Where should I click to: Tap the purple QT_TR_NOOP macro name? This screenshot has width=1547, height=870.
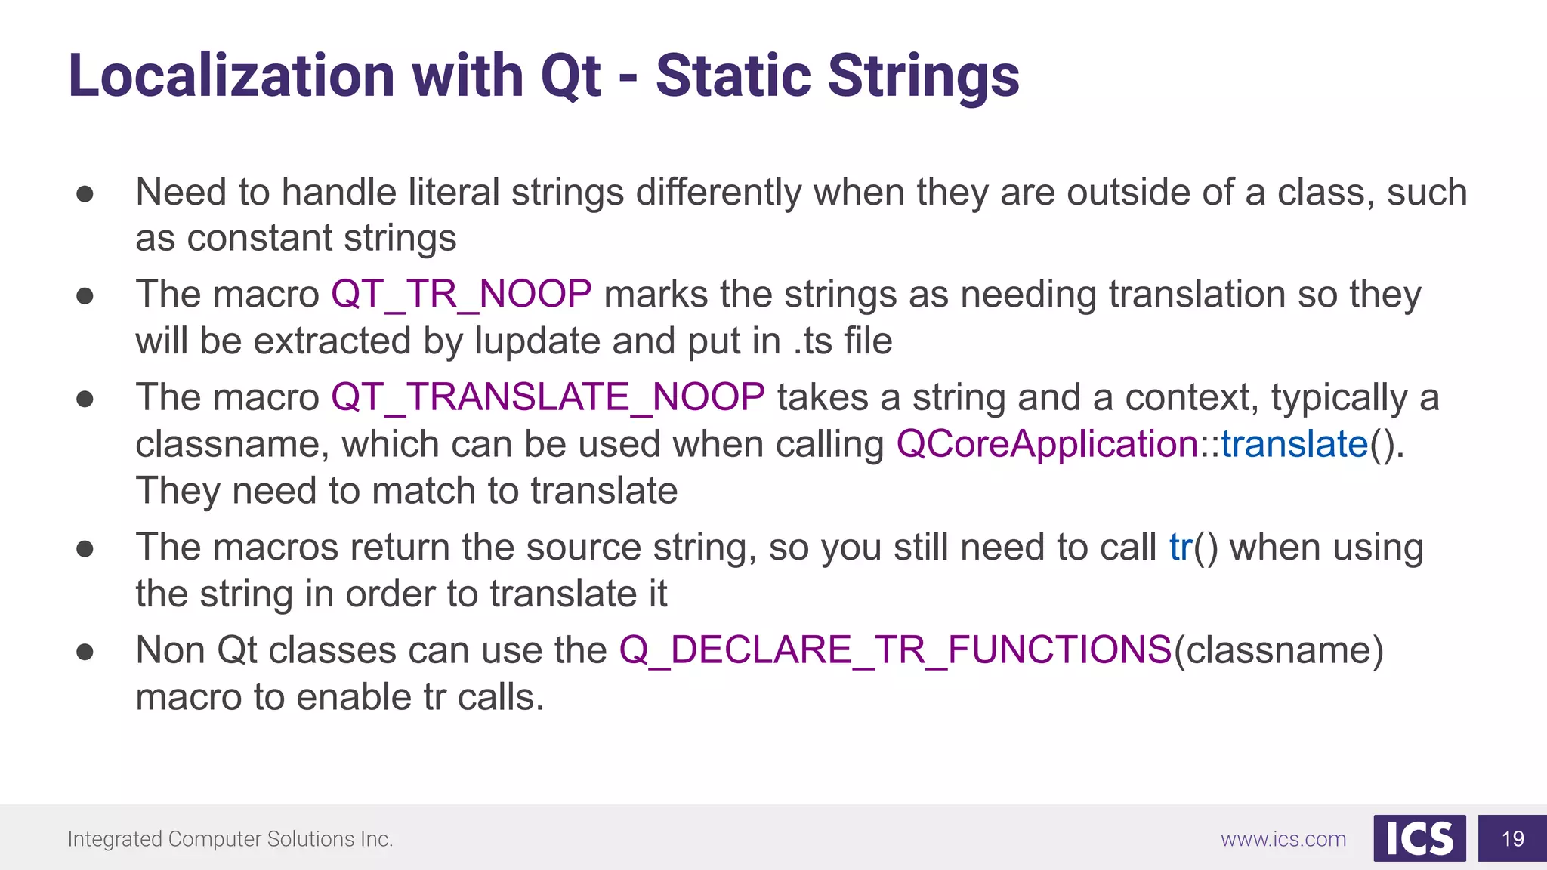[461, 294]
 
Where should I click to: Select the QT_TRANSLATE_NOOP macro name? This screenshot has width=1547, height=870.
[548, 397]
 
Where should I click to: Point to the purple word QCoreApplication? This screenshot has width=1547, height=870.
[1047, 444]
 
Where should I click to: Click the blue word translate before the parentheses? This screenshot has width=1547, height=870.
[1294, 444]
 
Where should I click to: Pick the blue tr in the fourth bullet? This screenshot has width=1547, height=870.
[1181, 547]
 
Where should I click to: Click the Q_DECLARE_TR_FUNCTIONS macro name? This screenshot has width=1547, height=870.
[895, 650]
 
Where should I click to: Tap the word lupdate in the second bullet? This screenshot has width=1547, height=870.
[537, 341]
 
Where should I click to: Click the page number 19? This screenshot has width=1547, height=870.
[1512, 839]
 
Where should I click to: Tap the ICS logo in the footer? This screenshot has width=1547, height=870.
[1419, 838]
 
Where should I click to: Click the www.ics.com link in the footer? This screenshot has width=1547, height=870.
[1283, 839]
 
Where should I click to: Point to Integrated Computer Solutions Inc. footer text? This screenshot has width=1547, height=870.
[230, 839]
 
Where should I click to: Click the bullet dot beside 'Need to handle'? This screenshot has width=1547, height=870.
[85, 193]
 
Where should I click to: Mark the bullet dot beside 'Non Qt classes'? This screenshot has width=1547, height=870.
[85, 651]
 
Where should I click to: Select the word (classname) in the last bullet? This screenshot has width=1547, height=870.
[1278, 650]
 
